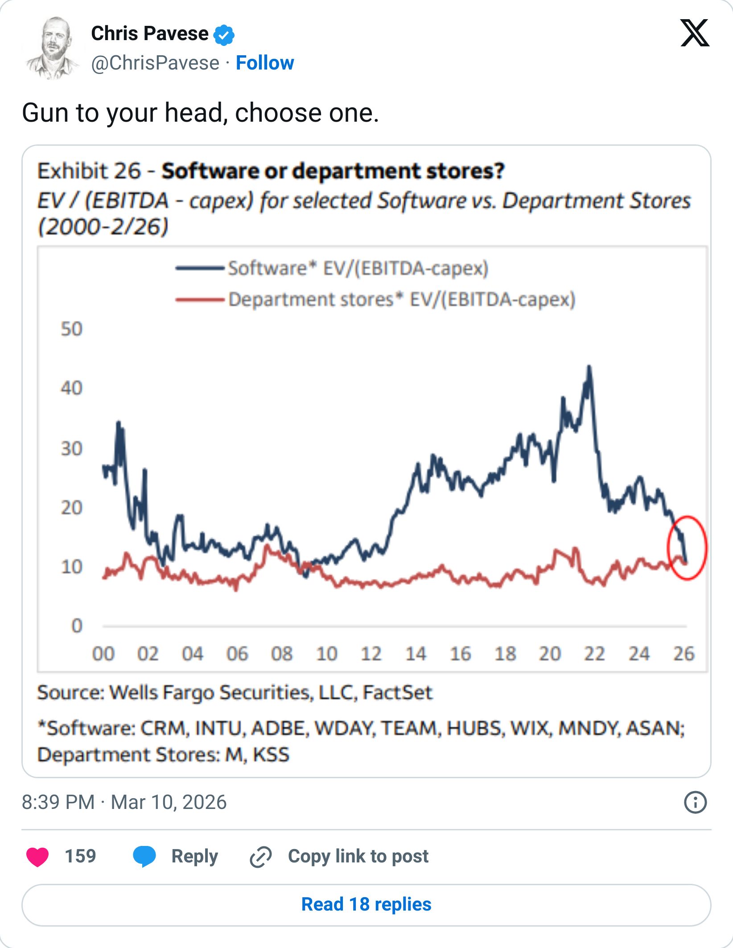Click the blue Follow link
point(265,63)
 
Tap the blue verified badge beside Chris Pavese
point(224,35)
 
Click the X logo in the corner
point(694,33)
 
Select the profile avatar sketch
point(52,48)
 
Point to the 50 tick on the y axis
point(71,329)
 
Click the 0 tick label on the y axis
point(77,626)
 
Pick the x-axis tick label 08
point(282,654)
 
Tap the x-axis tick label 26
point(684,654)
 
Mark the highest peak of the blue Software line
point(589,367)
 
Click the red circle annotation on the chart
point(687,548)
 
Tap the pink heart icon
point(37,857)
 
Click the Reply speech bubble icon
point(144,856)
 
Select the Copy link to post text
point(358,856)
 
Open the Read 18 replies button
point(366,904)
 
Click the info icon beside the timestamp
point(695,802)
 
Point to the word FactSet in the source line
point(397,693)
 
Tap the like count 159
point(80,856)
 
